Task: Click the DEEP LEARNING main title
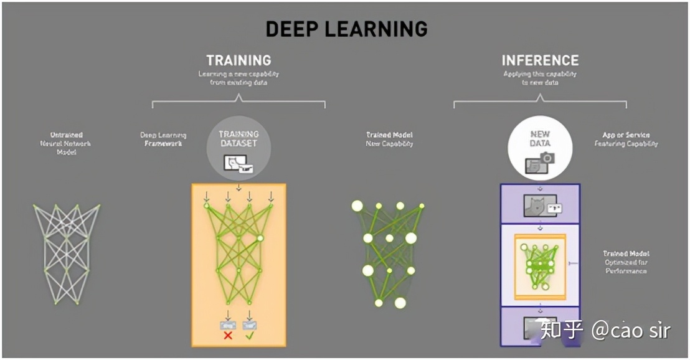tap(347, 29)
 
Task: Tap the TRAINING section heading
tap(239, 60)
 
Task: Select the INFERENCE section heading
tap(540, 60)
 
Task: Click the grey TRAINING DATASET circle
tap(239, 147)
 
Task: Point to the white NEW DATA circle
tap(540, 147)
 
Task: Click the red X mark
tap(228, 335)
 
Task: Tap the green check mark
tap(250, 335)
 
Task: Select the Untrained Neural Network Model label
tap(67, 143)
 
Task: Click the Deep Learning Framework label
tap(163, 139)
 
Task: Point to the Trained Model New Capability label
tap(389, 139)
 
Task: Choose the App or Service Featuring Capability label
tap(626, 139)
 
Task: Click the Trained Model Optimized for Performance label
tap(626, 262)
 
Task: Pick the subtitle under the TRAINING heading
tap(239, 78)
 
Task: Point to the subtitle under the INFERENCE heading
tap(540, 78)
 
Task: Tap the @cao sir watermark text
tap(630, 329)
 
